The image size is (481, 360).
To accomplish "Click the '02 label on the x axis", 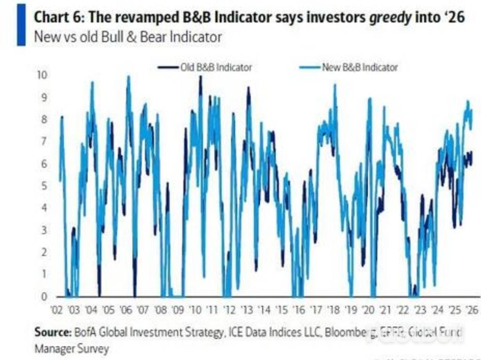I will [57, 310].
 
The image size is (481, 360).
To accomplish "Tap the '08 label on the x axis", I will [160, 310].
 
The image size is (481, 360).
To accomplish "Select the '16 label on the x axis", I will [298, 310].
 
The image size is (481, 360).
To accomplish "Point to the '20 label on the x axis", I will [368, 310].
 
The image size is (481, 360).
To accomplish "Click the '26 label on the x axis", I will [471, 310].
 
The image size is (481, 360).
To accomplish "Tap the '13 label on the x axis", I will [247, 310].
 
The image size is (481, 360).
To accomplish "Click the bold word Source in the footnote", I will [53, 333].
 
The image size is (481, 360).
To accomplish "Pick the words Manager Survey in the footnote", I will [71, 349].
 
